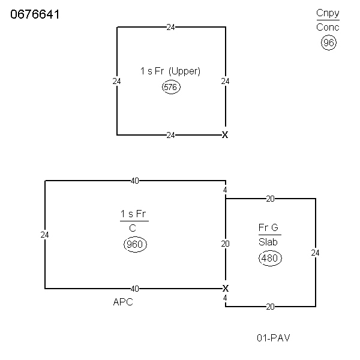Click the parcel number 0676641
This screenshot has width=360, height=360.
click(x=35, y=14)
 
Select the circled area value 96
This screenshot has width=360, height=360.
click(x=329, y=43)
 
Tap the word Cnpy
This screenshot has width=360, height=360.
click(x=328, y=13)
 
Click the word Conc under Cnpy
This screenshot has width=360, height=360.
click(x=328, y=28)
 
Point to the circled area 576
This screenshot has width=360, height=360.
click(x=171, y=87)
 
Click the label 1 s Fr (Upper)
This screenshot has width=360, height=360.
click(x=170, y=71)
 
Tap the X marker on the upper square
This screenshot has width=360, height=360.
click(x=225, y=135)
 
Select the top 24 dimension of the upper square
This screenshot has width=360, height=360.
click(x=170, y=28)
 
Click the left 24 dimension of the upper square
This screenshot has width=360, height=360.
click(x=116, y=81)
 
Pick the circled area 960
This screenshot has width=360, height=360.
click(x=135, y=244)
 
